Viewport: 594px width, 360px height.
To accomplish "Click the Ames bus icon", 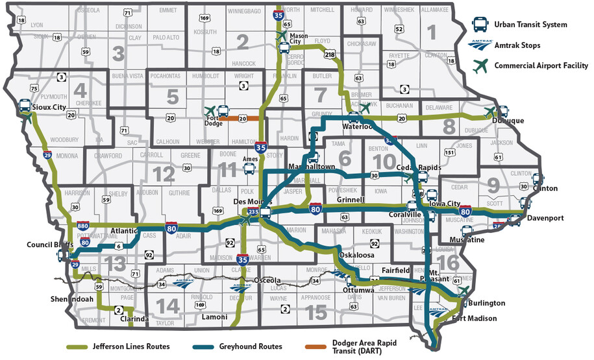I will pos(249,168).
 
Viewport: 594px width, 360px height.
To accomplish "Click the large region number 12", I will pos(164,173).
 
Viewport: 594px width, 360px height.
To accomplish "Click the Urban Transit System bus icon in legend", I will pos(480,25).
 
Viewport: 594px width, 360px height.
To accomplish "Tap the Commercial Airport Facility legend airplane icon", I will pos(480,65).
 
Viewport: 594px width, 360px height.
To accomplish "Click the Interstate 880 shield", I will pos(82,225).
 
